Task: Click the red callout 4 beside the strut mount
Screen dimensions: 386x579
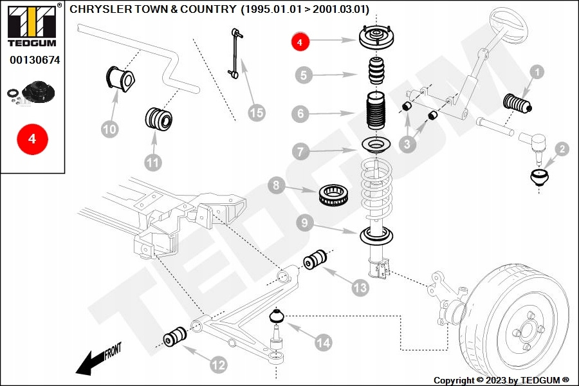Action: click(x=300, y=42)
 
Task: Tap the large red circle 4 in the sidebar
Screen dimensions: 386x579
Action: click(x=32, y=138)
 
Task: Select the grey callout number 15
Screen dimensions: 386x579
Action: click(x=256, y=113)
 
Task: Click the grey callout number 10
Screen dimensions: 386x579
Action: click(x=110, y=129)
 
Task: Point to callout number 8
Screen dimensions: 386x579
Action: click(x=276, y=187)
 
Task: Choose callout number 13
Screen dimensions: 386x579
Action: click(x=360, y=287)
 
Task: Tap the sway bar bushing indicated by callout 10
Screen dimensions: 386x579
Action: click(x=122, y=78)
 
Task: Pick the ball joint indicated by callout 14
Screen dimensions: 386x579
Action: click(x=277, y=317)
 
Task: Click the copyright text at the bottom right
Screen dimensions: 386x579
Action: click(x=501, y=380)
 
